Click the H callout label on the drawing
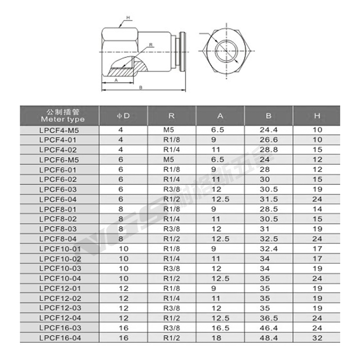[x=128, y=18]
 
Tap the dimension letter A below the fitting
[x=116, y=80]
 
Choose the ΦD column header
[x=123, y=116]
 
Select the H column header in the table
[x=317, y=116]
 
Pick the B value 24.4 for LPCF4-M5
[x=268, y=130]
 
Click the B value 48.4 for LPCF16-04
[x=268, y=337]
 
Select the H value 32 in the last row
[x=317, y=337]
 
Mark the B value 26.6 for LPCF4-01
[x=268, y=139]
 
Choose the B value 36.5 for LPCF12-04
[x=268, y=317]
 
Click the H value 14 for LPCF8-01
[x=317, y=209]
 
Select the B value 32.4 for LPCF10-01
[x=268, y=248]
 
